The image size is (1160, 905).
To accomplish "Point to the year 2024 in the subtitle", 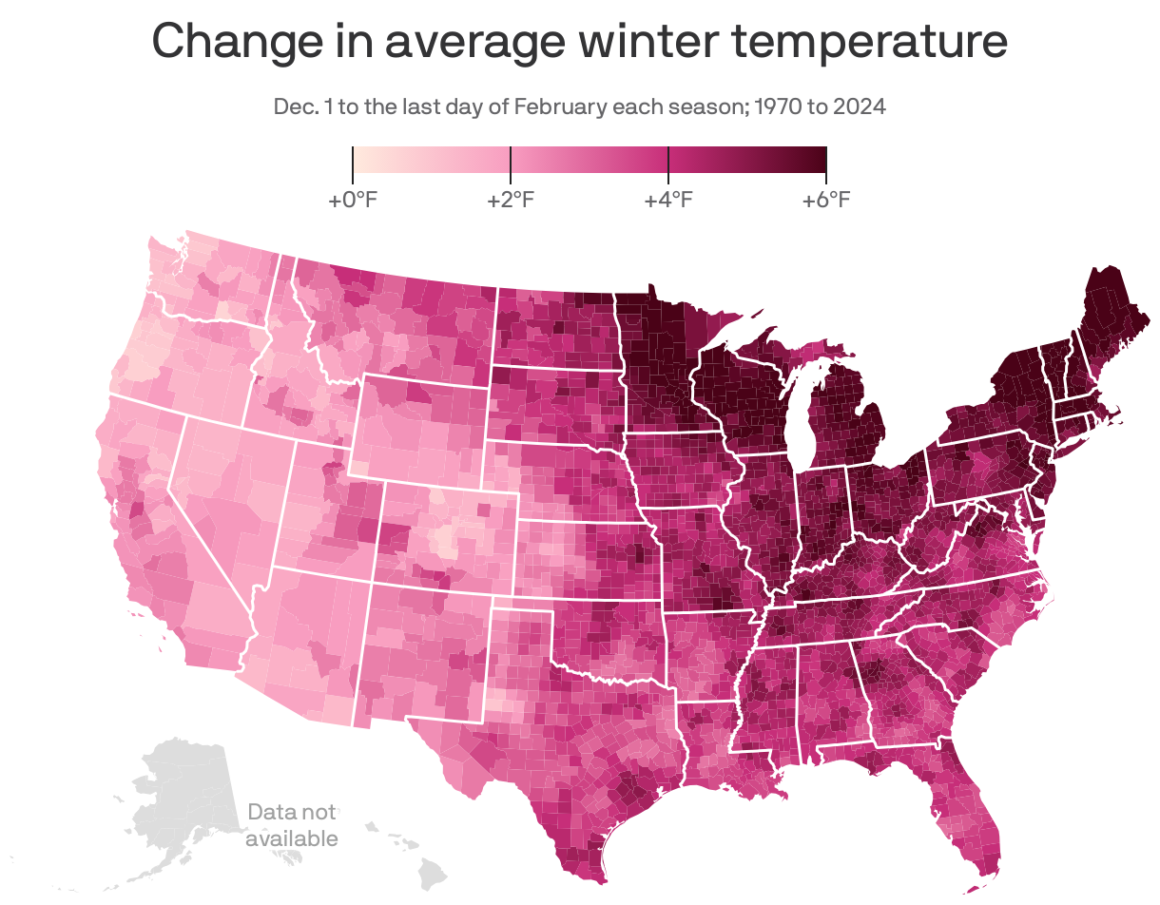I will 860,106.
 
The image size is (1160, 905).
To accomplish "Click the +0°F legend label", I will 354,201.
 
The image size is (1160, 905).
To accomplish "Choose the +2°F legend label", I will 511,201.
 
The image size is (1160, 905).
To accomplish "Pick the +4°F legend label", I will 668,201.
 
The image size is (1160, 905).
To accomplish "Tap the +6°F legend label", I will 825,201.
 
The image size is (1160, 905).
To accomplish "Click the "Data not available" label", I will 291,825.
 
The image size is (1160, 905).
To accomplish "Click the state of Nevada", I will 223,485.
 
